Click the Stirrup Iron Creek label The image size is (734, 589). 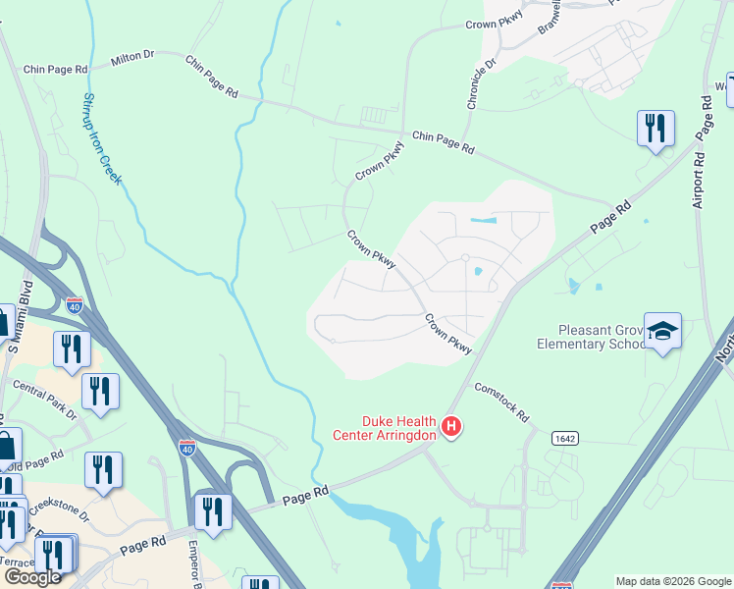point(101,138)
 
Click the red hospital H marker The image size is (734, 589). point(451,426)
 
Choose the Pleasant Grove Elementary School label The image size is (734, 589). point(586,338)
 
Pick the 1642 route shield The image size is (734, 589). point(563,437)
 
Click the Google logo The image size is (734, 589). point(32,577)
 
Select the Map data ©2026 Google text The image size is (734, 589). point(673,581)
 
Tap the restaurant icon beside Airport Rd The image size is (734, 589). point(655,129)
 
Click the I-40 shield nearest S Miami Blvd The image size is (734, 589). point(75,305)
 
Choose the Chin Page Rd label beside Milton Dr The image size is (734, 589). point(55,70)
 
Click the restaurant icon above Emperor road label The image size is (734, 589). point(212,510)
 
